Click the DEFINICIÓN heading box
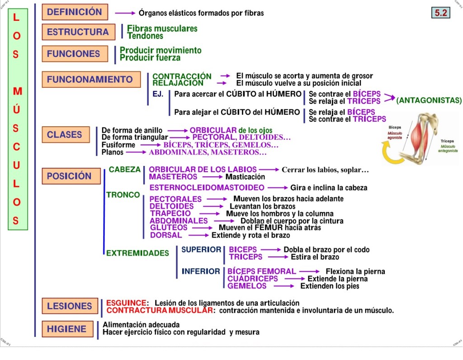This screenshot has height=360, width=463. [75, 12]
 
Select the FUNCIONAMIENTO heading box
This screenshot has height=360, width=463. [90, 80]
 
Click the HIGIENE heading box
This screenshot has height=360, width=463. [67, 329]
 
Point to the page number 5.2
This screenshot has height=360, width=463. [441, 13]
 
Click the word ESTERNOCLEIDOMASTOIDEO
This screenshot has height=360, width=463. [207, 187]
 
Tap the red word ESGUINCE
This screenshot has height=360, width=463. [126, 303]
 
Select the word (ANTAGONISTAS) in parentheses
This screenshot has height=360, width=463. [429, 100]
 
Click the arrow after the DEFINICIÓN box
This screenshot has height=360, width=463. [125, 13]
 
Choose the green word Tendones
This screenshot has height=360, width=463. [145, 36]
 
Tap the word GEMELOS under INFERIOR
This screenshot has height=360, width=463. [247, 286]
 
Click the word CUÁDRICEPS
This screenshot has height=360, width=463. [253, 279]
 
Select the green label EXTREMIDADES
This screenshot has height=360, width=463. [137, 253]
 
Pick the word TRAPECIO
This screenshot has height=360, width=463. [170, 213]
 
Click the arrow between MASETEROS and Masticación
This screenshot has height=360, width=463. [211, 177]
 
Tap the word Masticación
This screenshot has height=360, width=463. [245, 177]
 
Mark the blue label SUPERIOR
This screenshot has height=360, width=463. [201, 250]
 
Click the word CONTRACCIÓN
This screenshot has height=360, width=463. [182, 76]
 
